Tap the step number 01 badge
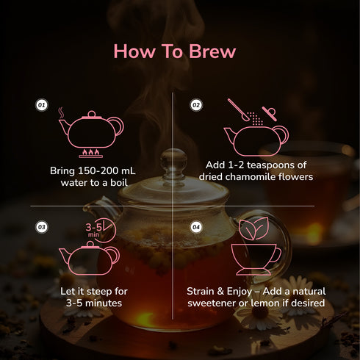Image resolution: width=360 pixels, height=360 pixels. [x=42, y=106]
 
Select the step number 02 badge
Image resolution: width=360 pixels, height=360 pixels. [x=196, y=106]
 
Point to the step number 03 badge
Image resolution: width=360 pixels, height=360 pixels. [x=42, y=226]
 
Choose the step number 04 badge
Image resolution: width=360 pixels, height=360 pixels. [x=196, y=226]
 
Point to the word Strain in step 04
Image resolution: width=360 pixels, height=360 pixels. [x=204, y=292]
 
